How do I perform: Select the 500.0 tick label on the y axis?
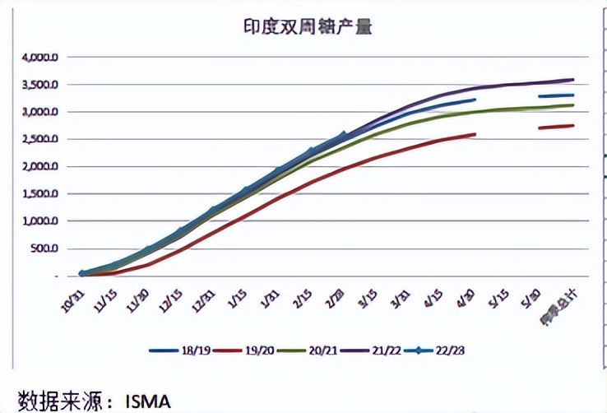44,248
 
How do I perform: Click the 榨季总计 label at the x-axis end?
564,300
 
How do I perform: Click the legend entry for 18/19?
180,350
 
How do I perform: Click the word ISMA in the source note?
147,401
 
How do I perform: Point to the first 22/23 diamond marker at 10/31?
82,273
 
